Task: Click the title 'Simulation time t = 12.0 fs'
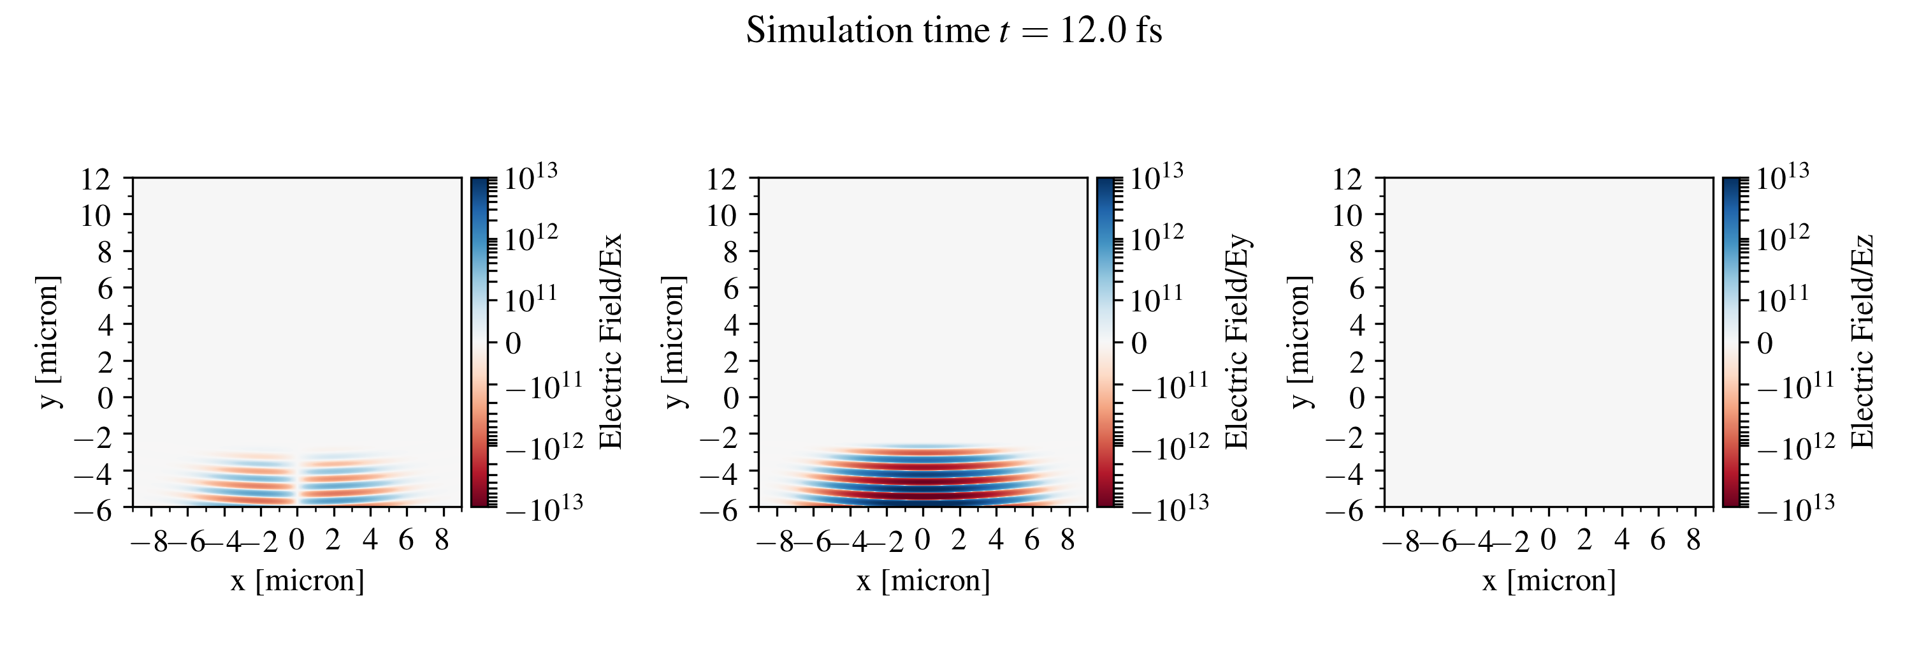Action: [954, 31]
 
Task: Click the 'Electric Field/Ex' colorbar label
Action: [610, 341]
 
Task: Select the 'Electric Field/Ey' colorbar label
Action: [1236, 341]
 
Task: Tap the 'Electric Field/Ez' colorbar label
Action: [1863, 341]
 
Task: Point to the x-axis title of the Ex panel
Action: [297, 581]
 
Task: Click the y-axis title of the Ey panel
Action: [674, 341]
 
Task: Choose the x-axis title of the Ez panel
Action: [1549, 581]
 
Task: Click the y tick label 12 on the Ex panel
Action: [95, 179]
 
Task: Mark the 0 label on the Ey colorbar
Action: [1138, 343]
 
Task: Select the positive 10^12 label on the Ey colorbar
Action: [1157, 239]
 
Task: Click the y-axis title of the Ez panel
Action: [1300, 341]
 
